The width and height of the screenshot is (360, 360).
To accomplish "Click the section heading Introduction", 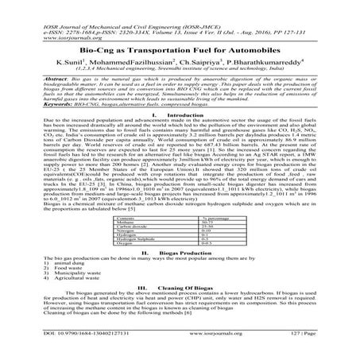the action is click(x=188, y=114).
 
